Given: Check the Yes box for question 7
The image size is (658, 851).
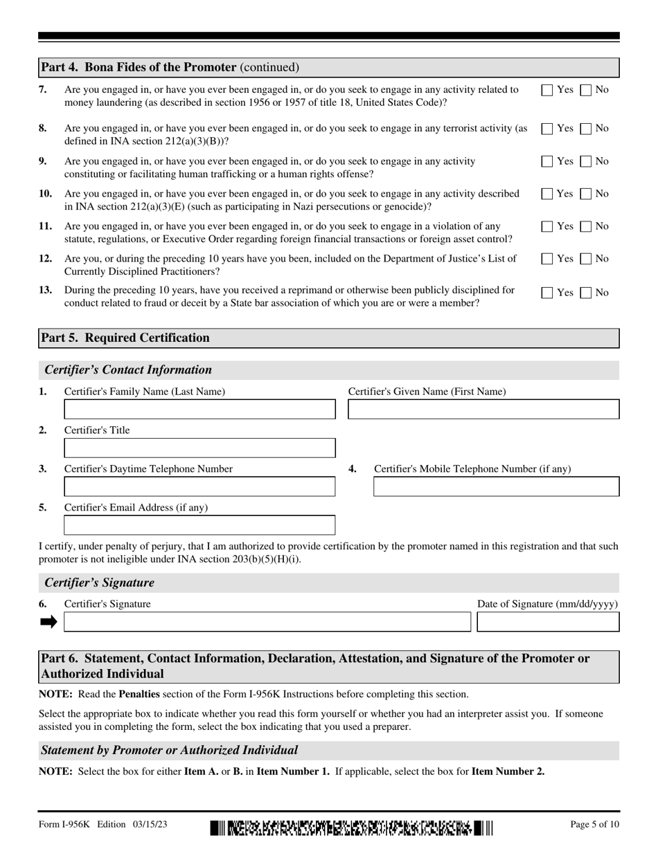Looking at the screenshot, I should click(546, 89).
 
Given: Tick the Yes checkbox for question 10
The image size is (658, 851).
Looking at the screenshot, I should click(546, 194).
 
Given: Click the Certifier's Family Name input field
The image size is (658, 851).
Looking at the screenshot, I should click(199, 410).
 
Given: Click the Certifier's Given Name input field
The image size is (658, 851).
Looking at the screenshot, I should click(483, 410).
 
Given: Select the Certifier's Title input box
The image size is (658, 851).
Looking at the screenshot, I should click(199, 448).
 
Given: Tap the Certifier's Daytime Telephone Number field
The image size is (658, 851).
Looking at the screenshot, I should click(199, 487).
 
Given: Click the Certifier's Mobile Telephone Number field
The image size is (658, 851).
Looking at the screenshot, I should click(496, 487).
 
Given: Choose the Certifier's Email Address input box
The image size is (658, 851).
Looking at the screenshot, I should click(199, 526).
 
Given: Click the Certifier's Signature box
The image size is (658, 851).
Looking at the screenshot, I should click(267, 622).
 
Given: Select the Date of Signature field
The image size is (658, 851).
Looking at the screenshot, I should click(548, 622).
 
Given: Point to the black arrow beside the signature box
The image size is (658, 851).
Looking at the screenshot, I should click(48, 622).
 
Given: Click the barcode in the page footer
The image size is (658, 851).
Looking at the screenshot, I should click(351, 828).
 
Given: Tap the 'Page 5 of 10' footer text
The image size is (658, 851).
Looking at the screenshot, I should click(594, 824).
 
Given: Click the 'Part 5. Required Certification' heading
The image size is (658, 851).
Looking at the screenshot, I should click(125, 338).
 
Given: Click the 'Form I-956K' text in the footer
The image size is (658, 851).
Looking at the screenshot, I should click(64, 824).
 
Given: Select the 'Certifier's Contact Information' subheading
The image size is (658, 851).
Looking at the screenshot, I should click(128, 369).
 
